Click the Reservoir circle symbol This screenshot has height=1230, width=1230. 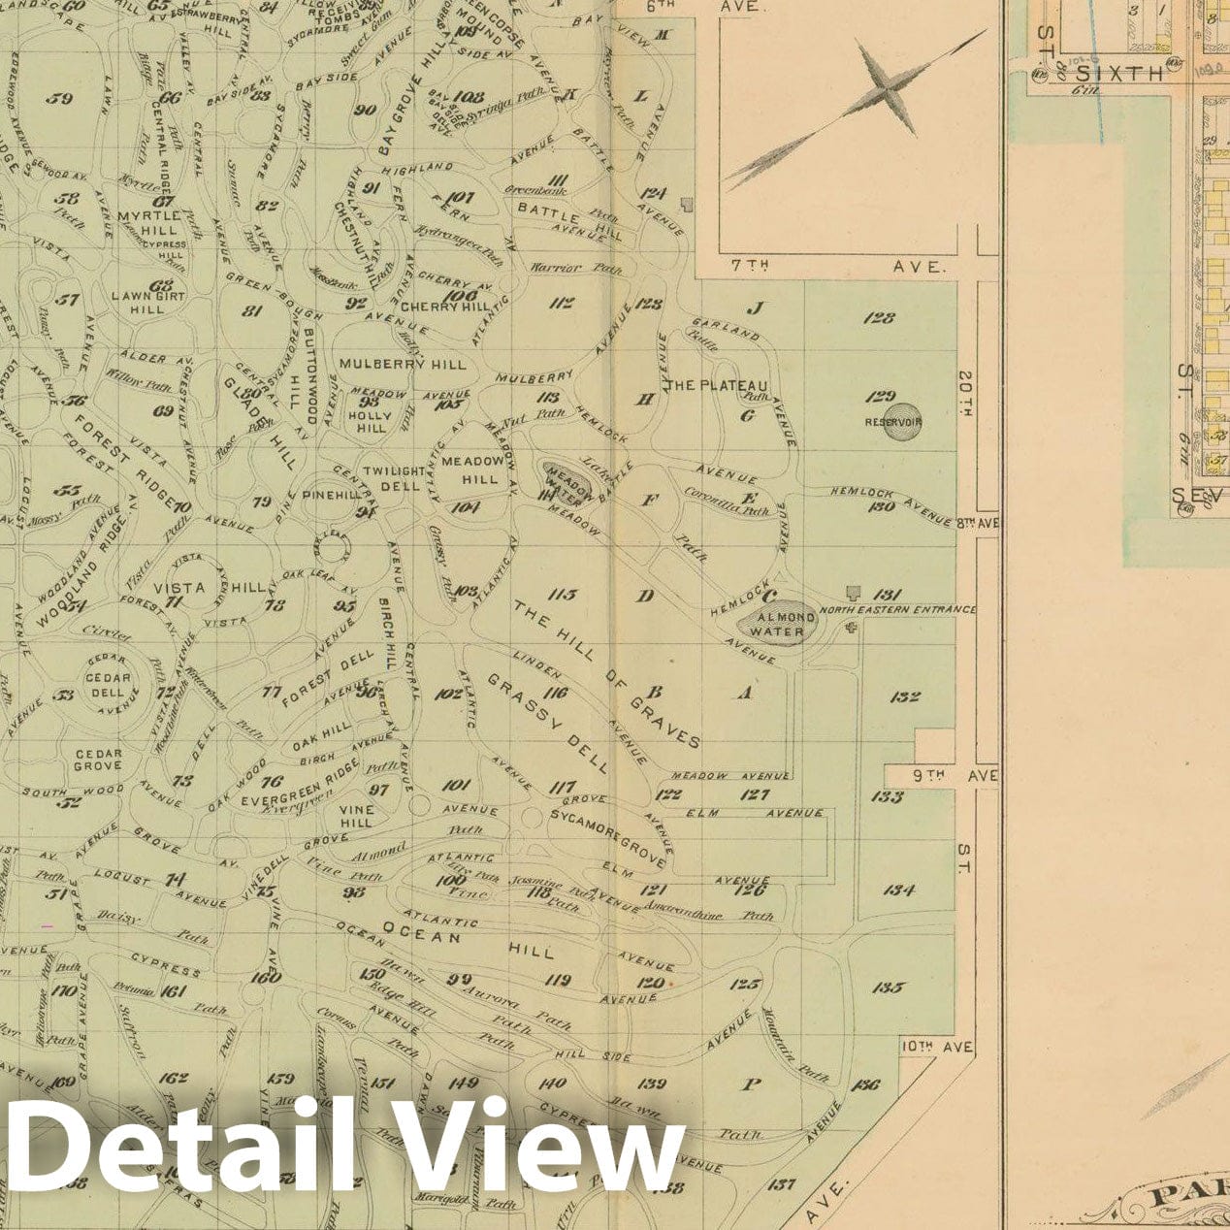[893, 421]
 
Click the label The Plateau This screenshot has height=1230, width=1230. [719, 386]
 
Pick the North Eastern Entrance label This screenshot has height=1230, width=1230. [897, 609]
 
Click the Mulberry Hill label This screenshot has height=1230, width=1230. [402, 364]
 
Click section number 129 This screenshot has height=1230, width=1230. [881, 396]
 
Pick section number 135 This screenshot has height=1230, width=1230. [888, 987]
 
